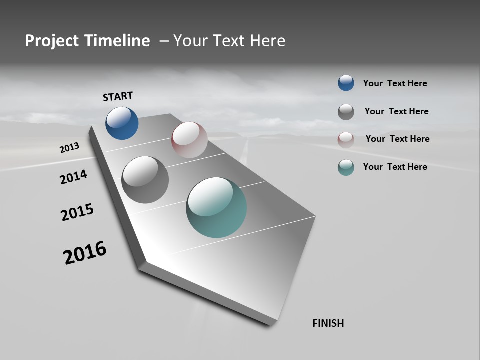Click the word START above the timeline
point(118,96)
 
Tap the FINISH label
point(328,323)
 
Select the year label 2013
point(69,148)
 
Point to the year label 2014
point(73,177)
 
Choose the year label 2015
point(77,212)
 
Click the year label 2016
point(85,253)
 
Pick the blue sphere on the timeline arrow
point(122,123)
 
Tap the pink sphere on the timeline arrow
point(189,140)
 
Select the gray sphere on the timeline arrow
point(145,180)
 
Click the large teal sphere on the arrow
point(216,207)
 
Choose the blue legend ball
point(346,83)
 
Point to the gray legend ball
point(346,112)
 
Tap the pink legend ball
point(346,139)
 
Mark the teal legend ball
point(346,167)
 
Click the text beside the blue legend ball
point(395,83)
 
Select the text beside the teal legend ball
point(395,167)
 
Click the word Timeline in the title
point(117,41)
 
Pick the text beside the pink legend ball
point(397,139)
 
